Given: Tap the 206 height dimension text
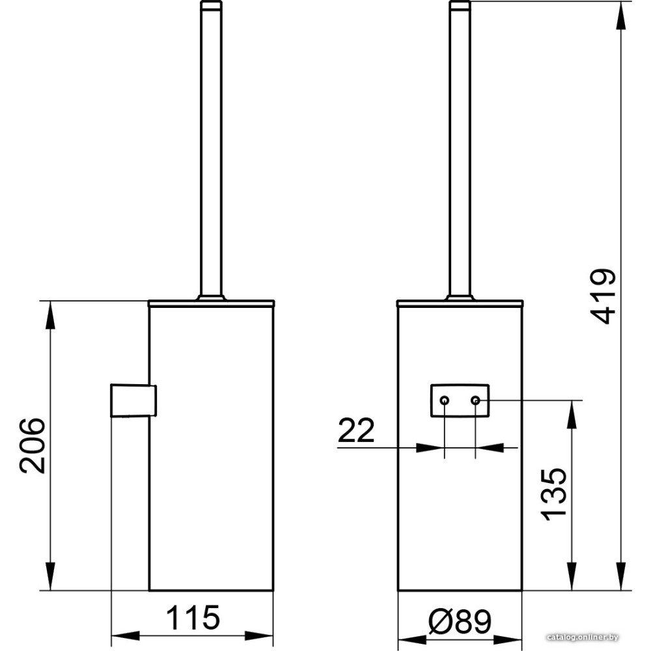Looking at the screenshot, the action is tap(32, 445).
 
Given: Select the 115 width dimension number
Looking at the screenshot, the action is tap(193, 617).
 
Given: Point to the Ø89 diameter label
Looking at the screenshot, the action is tap(460, 621).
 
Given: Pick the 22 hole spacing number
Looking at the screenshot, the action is tap(356, 430).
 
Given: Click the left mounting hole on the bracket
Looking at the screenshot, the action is tap(444, 400).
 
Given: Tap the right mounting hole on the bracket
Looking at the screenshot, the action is tap(475, 400).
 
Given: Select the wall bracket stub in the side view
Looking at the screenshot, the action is tap(133, 400).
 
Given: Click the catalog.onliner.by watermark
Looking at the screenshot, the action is tap(583, 637).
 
